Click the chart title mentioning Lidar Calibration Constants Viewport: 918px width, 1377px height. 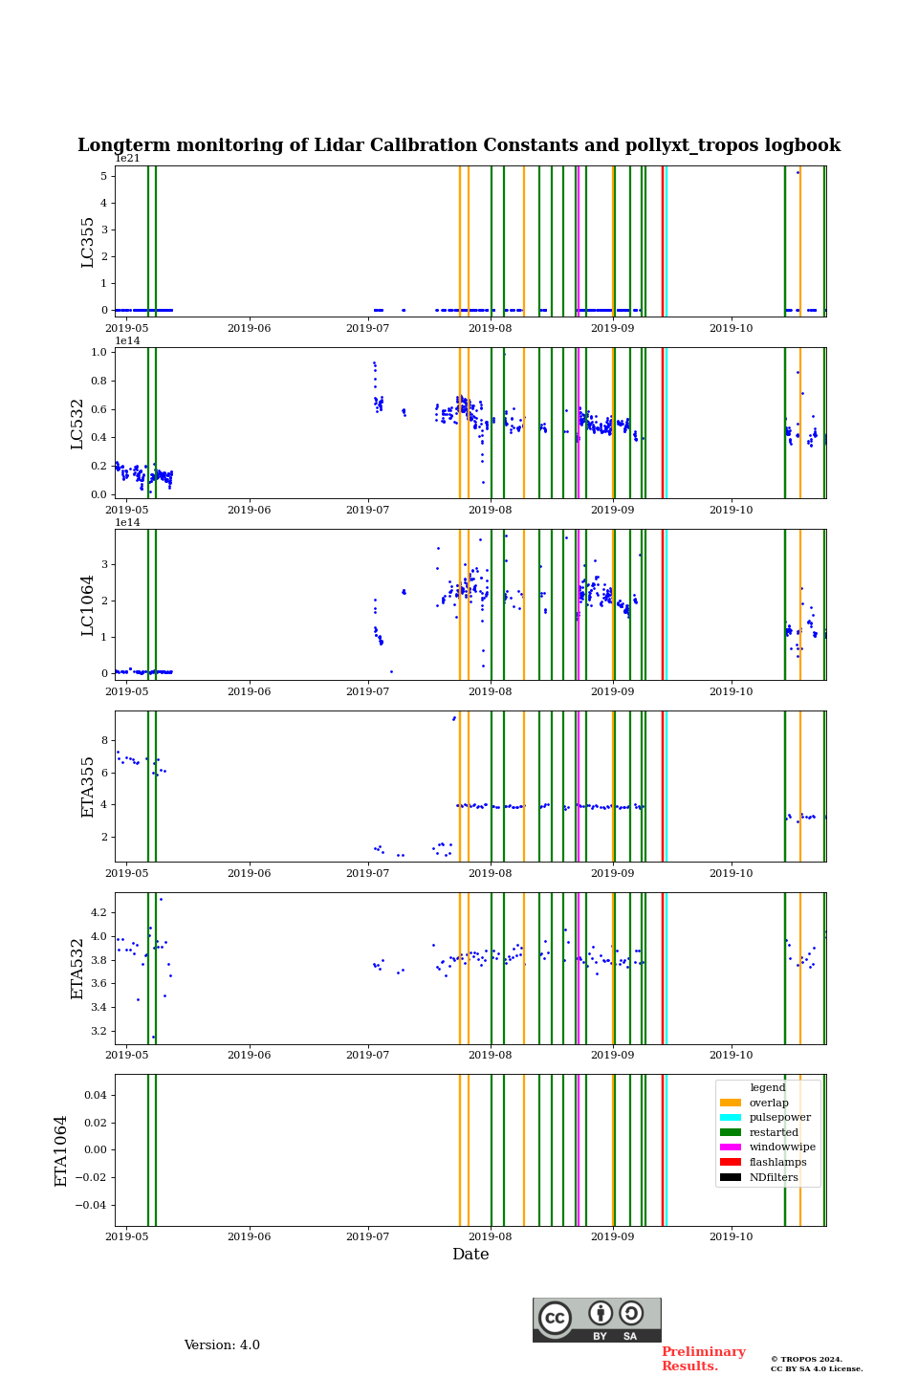(x=459, y=145)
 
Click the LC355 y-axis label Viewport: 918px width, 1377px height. (x=88, y=242)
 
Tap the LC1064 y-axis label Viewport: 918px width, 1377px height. (x=88, y=605)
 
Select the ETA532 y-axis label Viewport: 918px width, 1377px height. (x=78, y=968)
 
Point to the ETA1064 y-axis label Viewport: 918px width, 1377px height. (x=62, y=1150)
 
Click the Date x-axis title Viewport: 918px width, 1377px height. (x=470, y=1255)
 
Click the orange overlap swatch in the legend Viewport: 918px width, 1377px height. (x=731, y=1103)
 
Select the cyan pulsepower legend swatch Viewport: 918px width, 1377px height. (x=731, y=1118)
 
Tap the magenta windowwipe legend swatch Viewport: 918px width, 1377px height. (x=731, y=1147)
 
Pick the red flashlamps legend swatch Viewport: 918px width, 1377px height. (x=731, y=1162)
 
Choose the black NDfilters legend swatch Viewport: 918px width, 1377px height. (x=731, y=1177)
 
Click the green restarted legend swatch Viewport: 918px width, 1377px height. (x=731, y=1132)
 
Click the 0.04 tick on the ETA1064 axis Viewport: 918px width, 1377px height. (x=97, y=1095)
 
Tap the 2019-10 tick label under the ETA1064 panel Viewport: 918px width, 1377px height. (x=731, y=1236)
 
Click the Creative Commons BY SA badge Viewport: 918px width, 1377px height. (x=597, y=1320)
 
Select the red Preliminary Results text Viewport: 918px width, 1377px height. (x=703, y=1359)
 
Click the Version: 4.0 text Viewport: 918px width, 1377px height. (x=222, y=1345)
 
